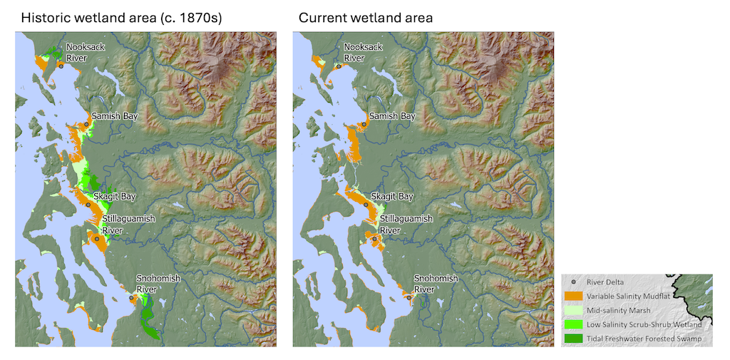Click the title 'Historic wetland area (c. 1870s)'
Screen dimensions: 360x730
click(x=121, y=18)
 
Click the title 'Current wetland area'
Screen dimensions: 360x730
click(x=365, y=18)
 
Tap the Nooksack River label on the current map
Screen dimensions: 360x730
click(x=363, y=52)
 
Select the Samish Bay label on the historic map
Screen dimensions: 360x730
click(x=113, y=115)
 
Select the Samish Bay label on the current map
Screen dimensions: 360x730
click(x=391, y=115)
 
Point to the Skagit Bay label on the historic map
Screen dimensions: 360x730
click(x=114, y=196)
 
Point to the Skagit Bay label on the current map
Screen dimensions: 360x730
click(x=392, y=196)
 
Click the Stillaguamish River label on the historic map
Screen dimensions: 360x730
click(x=126, y=224)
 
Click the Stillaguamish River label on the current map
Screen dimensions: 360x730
click(x=404, y=224)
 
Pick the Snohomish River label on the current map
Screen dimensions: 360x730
click(x=436, y=283)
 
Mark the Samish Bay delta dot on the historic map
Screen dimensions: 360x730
click(x=86, y=124)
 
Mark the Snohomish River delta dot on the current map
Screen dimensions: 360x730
click(x=409, y=298)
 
